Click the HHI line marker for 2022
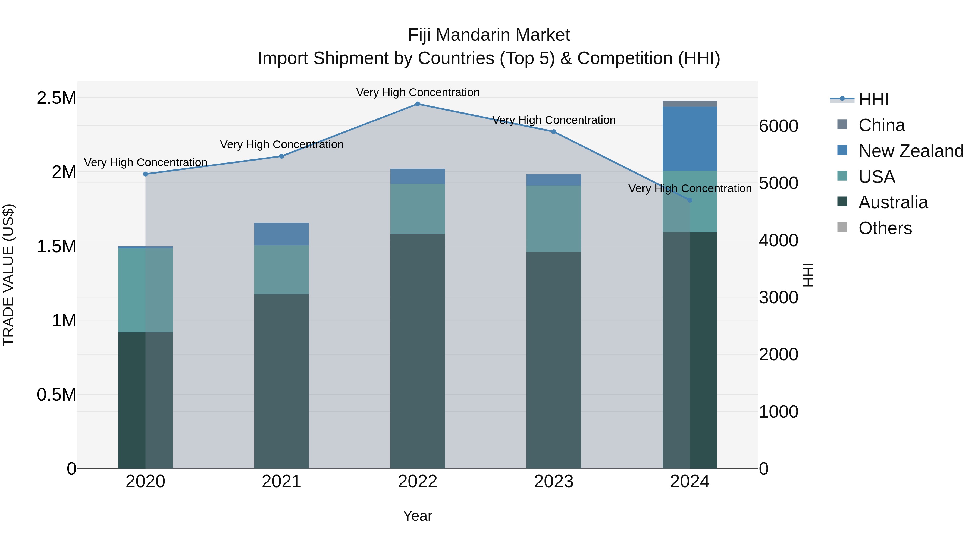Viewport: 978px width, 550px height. click(x=417, y=104)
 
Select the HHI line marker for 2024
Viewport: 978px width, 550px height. click(x=689, y=200)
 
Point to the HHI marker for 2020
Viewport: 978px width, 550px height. click(x=145, y=174)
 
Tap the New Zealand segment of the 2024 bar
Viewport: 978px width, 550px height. click(x=689, y=139)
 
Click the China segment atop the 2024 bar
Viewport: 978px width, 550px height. click(x=689, y=104)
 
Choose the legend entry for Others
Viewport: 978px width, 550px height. click(x=885, y=228)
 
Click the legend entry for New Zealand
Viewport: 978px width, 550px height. click(x=910, y=151)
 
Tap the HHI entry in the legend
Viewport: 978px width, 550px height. click(x=873, y=99)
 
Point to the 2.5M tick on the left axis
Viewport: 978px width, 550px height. click(x=56, y=98)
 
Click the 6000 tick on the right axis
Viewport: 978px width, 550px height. click(x=778, y=126)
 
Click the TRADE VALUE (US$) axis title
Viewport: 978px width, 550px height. click(x=8, y=275)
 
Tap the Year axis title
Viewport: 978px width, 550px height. click(x=417, y=516)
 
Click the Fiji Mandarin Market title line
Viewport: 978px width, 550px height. click(x=489, y=35)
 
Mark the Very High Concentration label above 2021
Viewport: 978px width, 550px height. click(x=281, y=144)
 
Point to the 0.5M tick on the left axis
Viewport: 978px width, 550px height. click(x=56, y=395)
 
